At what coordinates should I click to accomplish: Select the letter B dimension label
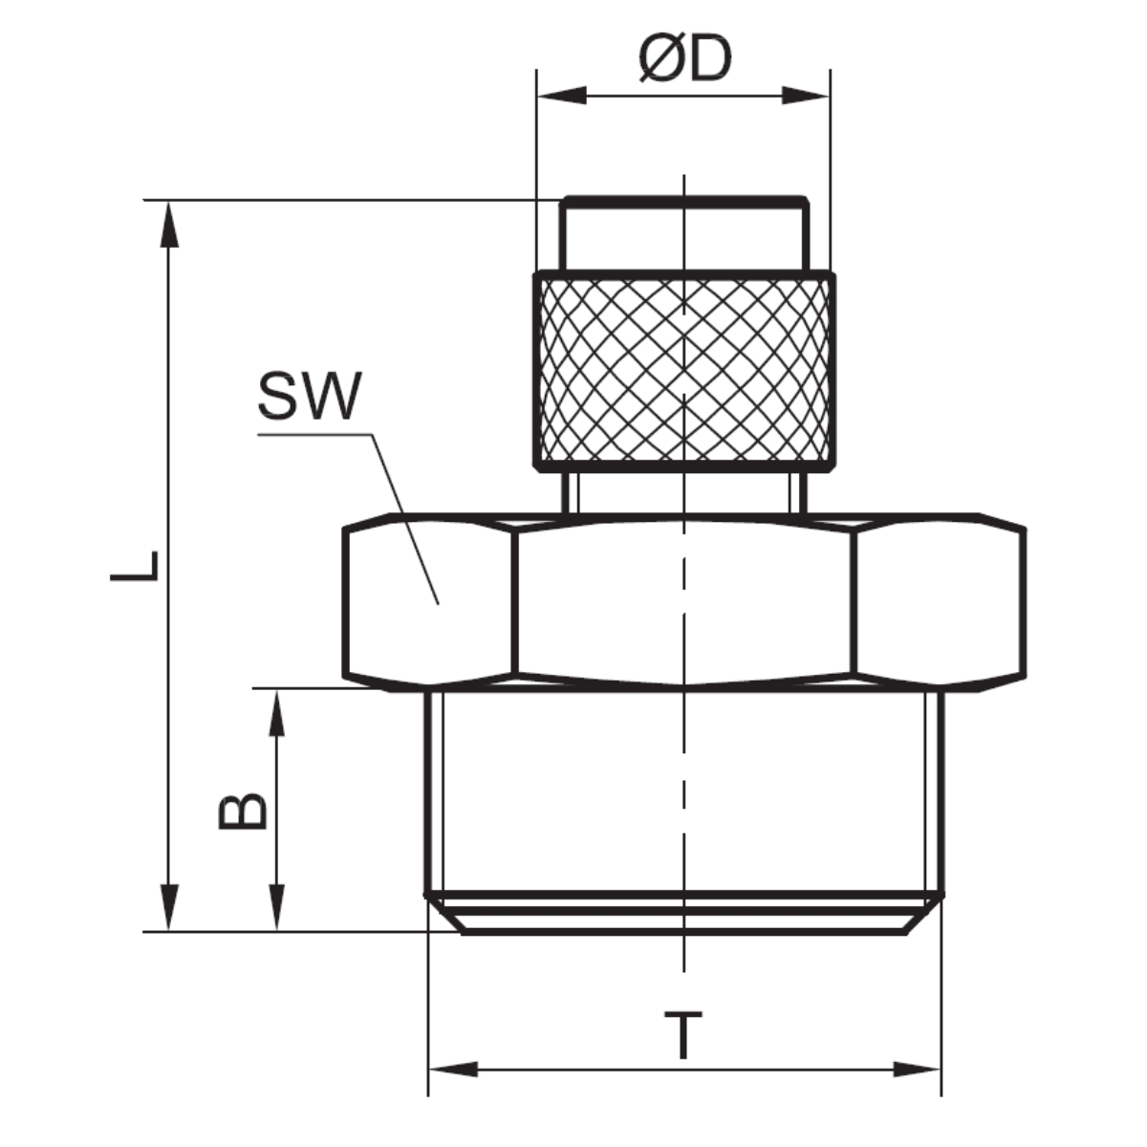242,811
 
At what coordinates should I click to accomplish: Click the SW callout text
310,396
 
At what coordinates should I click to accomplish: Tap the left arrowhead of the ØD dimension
561,96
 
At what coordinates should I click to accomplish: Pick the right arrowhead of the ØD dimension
806,96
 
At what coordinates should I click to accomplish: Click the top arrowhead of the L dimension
169,224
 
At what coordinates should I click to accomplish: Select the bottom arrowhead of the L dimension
169,908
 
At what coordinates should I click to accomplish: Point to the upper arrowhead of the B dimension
276,712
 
